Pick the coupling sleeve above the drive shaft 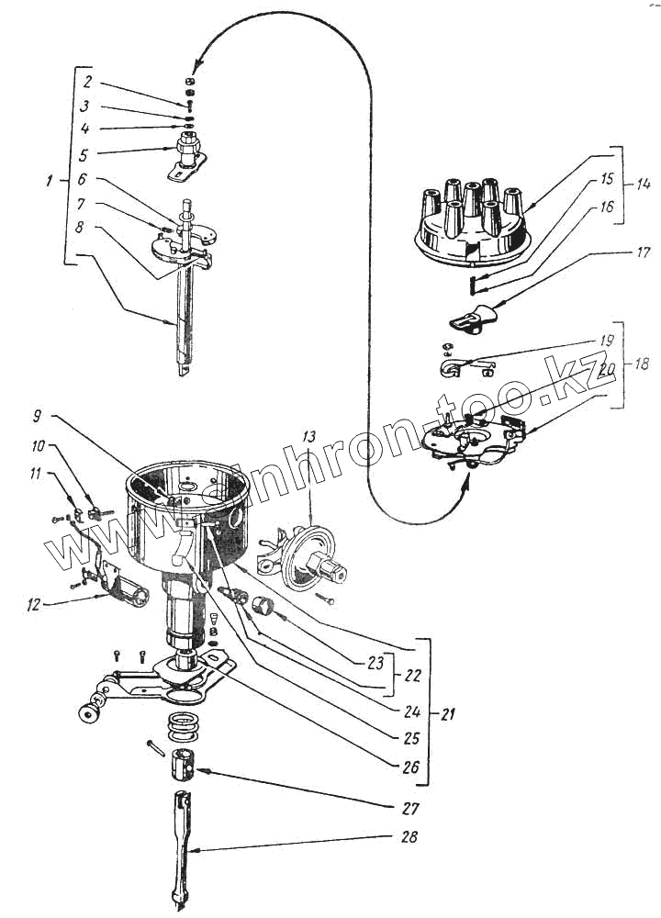click(182, 763)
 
